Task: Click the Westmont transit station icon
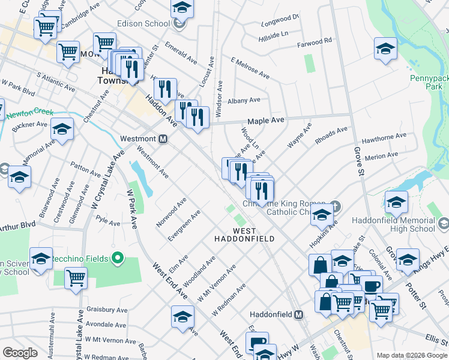coord(162,139)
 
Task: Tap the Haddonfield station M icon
coord(298,314)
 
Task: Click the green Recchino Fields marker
coord(118,259)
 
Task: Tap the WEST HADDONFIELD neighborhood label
coord(245,235)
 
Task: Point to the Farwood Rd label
coord(315,43)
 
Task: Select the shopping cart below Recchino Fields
coord(76,277)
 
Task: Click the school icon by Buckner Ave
coord(62,128)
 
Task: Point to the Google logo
coord(20,353)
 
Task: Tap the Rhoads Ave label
coord(331,135)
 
